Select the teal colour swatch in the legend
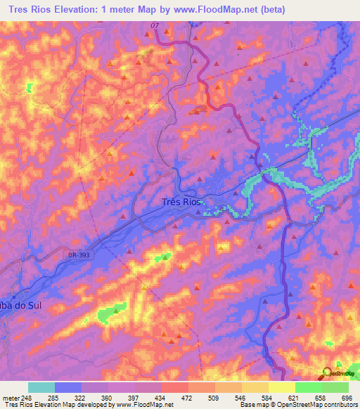pyautogui.click(x=41, y=387)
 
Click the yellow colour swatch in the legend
pyautogui.click(x=281, y=387)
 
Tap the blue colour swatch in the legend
pyautogui.click(x=68, y=387)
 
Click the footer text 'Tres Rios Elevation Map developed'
pyautogui.click(x=53, y=405)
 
